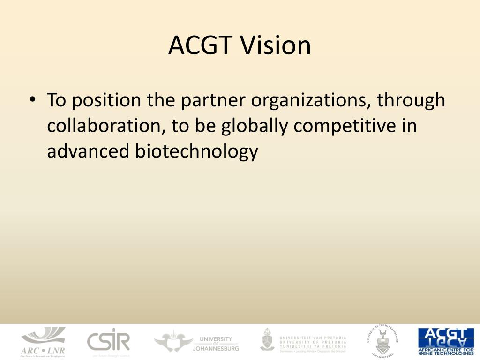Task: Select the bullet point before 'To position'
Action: click(x=32, y=100)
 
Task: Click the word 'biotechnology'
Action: click(x=197, y=152)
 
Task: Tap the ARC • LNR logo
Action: click(x=43, y=342)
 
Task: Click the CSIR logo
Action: click(x=108, y=341)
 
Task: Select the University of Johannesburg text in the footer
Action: click(x=216, y=344)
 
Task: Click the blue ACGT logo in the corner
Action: click(x=446, y=341)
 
